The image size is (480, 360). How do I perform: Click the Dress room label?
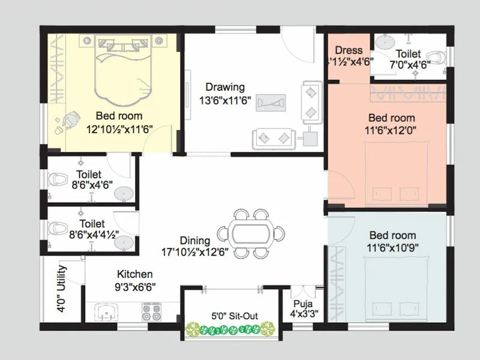tap(349, 50)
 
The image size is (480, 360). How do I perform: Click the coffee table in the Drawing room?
tap(271, 102)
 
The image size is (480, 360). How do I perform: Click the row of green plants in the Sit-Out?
tap(231, 329)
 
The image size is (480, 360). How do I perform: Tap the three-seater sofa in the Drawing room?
tap(273, 138)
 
